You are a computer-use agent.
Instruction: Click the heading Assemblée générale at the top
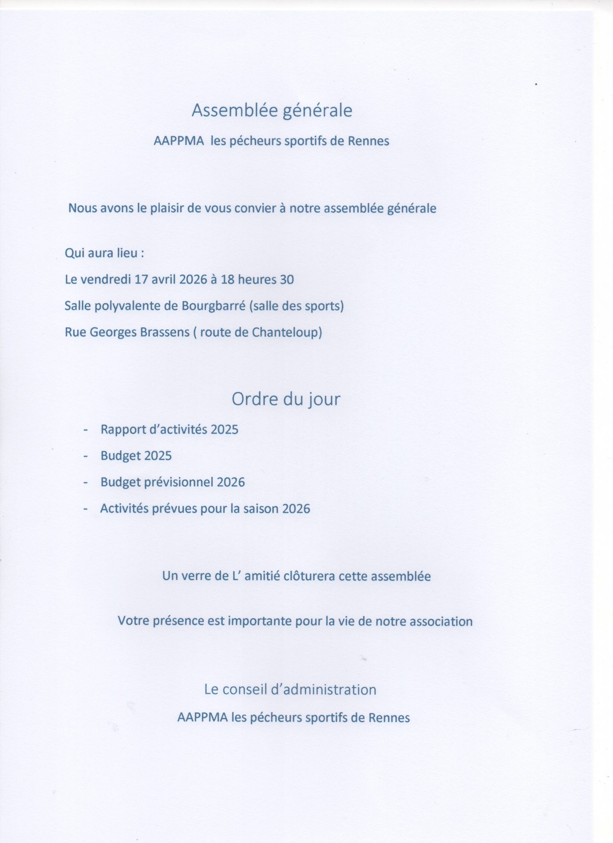271,110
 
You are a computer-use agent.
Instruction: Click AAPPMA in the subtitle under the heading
179,141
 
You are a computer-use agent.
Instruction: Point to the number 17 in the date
141,279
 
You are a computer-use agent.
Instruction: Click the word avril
164,279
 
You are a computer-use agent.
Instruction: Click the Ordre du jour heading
285,399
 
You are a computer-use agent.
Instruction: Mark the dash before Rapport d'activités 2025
86,430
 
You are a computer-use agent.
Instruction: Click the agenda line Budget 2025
136,456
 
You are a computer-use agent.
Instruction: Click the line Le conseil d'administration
290,689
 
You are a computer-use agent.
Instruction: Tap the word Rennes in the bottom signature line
389,718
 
